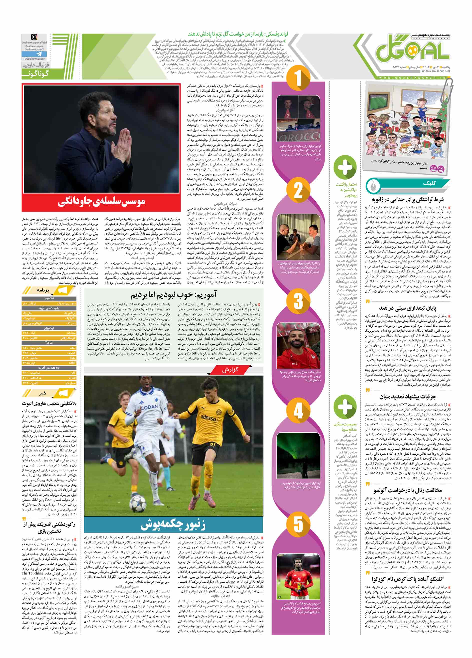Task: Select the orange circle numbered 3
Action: [298, 301]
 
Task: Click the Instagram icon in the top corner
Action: [34, 37]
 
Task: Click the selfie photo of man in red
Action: [298, 346]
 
